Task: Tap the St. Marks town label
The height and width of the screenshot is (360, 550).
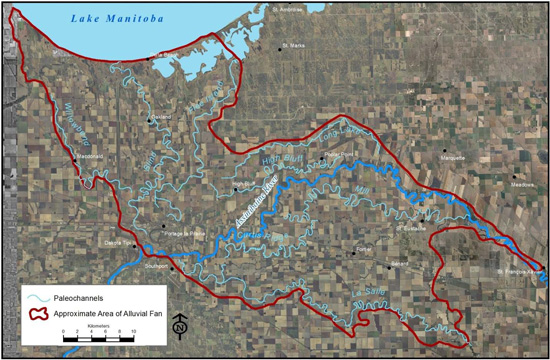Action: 293,45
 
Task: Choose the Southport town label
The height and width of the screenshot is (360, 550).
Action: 158,268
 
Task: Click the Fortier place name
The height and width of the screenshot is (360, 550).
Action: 363,247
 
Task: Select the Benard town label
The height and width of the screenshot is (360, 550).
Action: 399,263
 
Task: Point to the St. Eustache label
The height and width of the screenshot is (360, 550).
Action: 412,227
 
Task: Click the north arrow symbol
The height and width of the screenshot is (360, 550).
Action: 178,325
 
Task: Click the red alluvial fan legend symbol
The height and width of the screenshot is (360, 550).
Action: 40,312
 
